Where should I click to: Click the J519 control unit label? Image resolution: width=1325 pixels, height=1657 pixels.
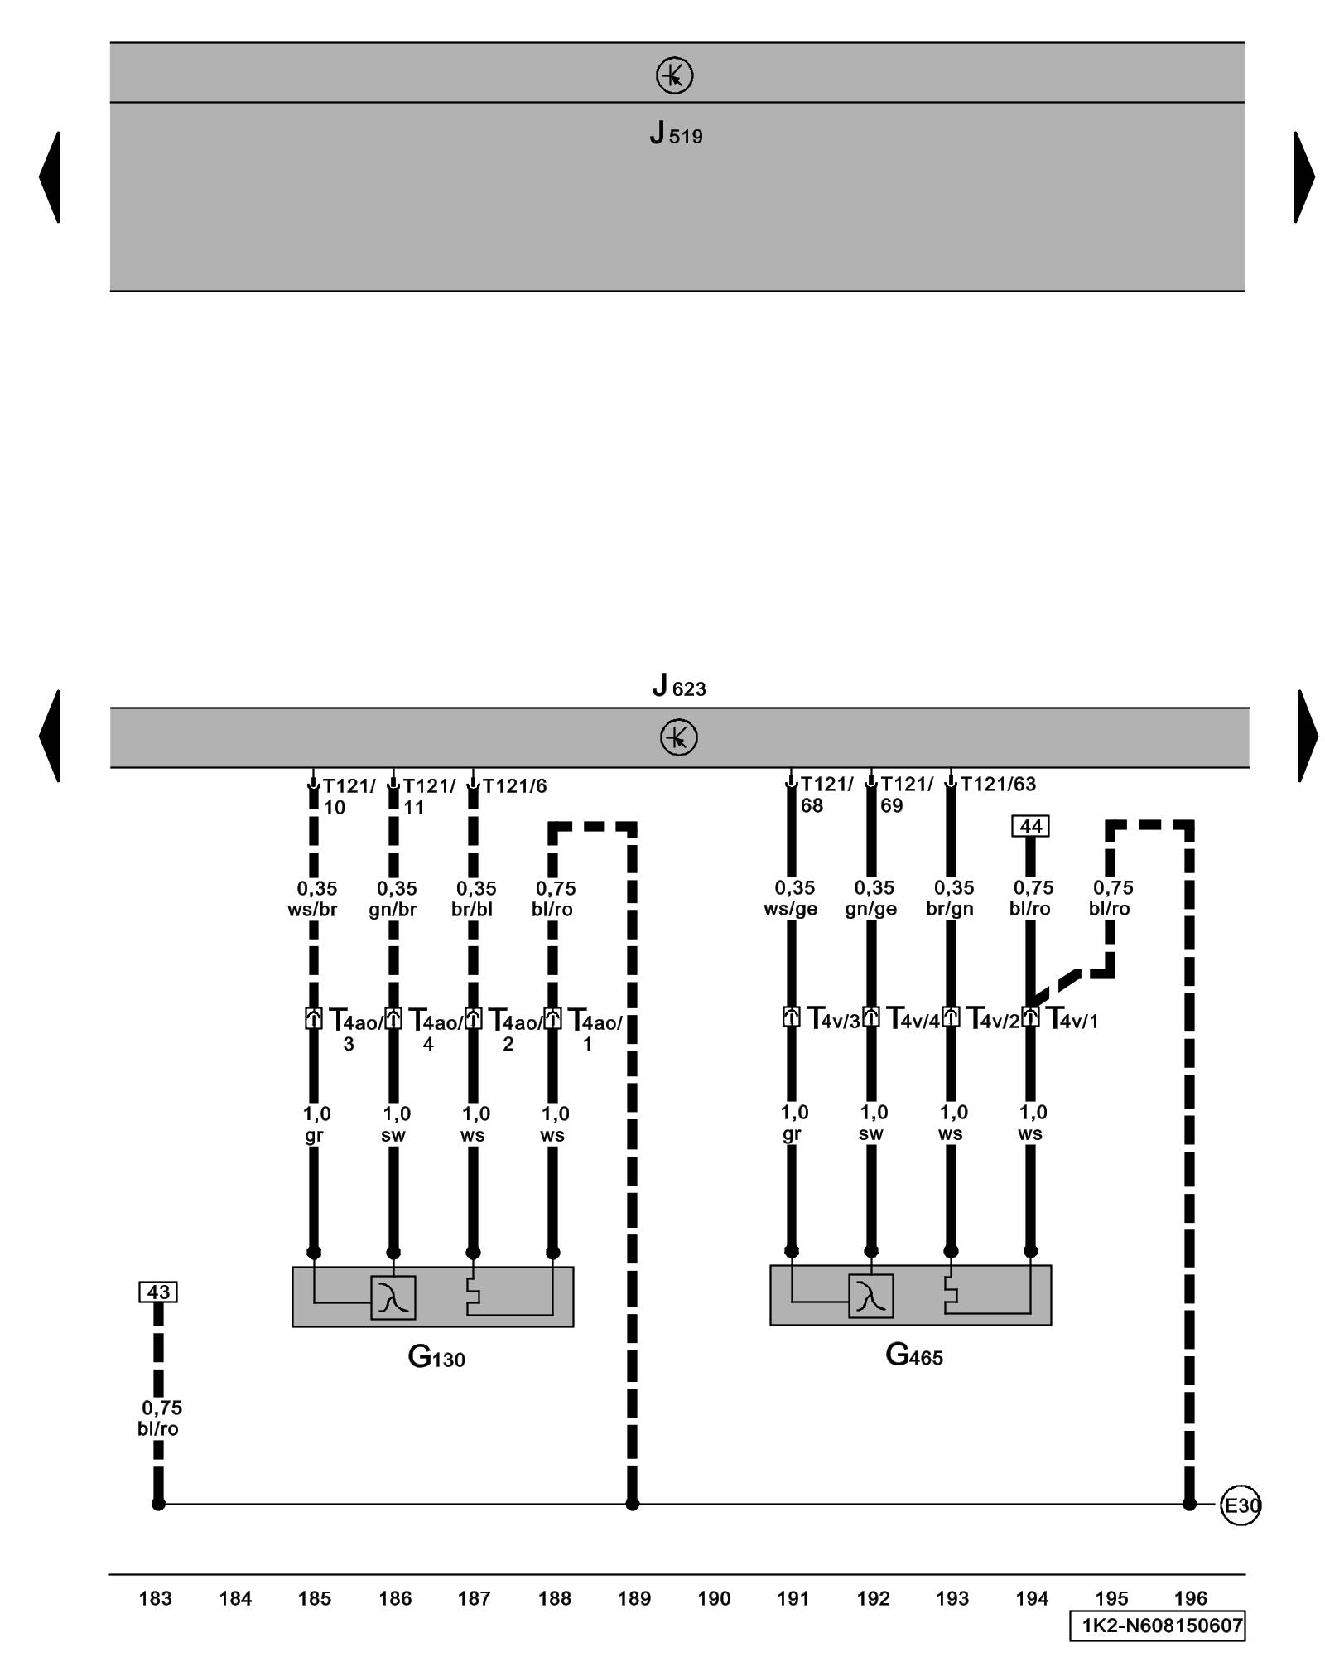[676, 133]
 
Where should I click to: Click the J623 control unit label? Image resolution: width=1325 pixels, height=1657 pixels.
[678, 686]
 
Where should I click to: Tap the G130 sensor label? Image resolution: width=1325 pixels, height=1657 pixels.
[436, 1357]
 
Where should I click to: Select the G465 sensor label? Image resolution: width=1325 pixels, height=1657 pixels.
[913, 1355]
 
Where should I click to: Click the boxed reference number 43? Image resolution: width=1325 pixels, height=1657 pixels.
[158, 1292]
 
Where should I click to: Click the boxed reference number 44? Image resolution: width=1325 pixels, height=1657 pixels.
[1030, 826]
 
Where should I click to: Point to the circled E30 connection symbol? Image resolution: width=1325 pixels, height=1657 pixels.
[1241, 1505]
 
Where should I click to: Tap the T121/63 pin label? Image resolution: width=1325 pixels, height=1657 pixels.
[997, 784]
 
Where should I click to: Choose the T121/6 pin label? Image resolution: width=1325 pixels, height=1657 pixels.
[514, 785]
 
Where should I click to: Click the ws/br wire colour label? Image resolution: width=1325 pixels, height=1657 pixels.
[312, 910]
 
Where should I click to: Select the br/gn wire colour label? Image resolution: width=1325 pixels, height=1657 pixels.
[950, 909]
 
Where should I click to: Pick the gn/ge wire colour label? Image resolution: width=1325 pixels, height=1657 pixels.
[870, 909]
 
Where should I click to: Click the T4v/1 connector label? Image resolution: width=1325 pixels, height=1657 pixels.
[1072, 1019]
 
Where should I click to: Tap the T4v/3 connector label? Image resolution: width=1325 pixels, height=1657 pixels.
[834, 1019]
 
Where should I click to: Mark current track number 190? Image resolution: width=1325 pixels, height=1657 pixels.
[714, 1598]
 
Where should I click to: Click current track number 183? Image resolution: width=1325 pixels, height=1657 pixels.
[155, 1598]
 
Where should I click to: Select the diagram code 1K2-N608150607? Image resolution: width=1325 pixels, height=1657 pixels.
[1157, 1626]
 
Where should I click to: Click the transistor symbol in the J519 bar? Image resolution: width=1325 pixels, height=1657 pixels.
[674, 76]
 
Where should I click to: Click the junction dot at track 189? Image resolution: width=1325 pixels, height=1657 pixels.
[632, 1504]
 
